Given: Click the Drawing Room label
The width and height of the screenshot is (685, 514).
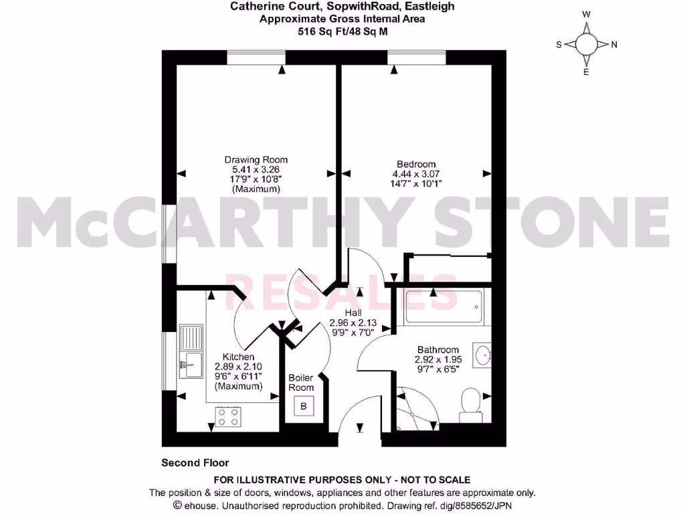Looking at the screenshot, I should (x=256, y=159).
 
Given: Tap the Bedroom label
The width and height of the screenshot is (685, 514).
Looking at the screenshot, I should (x=416, y=164).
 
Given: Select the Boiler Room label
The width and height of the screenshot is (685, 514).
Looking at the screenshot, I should (x=301, y=383).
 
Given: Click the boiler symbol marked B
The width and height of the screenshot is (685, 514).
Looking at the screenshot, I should (x=304, y=406).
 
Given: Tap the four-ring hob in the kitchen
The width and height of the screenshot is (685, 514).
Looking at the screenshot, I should (x=227, y=418).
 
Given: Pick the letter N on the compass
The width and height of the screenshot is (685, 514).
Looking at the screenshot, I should (x=614, y=45).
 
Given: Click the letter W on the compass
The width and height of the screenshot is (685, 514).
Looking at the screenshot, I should (x=587, y=14).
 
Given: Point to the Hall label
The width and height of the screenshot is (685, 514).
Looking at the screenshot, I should (x=353, y=313).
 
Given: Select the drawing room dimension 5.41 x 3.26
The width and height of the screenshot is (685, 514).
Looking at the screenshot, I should (x=256, y=169).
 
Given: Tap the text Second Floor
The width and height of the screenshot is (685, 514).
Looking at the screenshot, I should (x=195, y=462).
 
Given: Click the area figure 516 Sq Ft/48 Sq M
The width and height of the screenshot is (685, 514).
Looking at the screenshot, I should (x=342, y=30).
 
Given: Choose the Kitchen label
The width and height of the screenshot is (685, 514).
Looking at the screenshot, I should (x=238, y=357).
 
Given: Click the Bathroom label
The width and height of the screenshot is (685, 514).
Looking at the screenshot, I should (x=438, y=349).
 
